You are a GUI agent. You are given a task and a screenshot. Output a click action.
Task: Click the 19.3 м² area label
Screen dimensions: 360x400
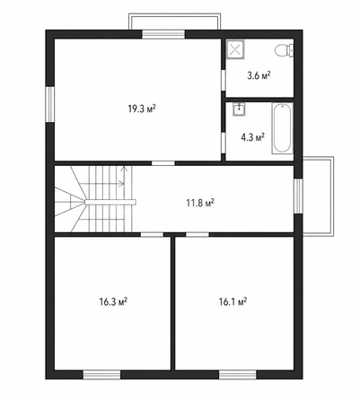tap(142, 109)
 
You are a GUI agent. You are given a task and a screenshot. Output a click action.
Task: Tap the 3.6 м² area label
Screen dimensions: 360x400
tap(259, 75)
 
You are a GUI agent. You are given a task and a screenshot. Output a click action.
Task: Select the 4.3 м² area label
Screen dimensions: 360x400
tap(253, 137)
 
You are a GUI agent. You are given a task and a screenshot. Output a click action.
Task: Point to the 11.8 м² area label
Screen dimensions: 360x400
tap(200, 204)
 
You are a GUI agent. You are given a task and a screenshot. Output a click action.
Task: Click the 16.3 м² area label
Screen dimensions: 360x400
tap(113, 301)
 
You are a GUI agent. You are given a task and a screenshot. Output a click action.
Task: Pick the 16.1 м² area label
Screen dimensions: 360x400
tap(233, 301)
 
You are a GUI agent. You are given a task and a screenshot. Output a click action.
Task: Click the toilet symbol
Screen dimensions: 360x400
tap(284, 50)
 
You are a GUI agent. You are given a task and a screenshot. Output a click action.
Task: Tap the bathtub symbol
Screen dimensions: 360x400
tap(282, 128)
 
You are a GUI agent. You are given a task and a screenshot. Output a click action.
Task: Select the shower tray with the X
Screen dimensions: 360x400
tap(235, 48)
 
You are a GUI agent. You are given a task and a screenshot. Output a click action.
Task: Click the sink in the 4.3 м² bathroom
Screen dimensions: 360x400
tap(239, 109)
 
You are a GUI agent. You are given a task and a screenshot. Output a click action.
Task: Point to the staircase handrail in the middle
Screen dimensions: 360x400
tap(110, 203)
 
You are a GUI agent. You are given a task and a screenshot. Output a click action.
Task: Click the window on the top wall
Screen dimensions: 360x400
tap(163, 34)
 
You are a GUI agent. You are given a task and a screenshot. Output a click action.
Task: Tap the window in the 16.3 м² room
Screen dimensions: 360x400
tap(101, 375)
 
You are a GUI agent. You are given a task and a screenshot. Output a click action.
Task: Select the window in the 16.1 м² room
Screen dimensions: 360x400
tap(238, 375)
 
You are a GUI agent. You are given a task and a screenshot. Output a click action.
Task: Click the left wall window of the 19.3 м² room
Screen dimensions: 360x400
tap(50, 104)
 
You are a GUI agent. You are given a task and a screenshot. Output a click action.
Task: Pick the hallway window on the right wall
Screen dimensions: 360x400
tap(298, 196)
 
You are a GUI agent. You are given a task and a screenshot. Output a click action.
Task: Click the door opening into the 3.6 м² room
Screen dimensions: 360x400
tap(224, 80)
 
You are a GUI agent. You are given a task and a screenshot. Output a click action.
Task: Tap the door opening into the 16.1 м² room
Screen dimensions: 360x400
tap(198, 234)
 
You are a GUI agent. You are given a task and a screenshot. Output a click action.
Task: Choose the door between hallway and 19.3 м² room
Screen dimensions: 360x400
tap(163, 163)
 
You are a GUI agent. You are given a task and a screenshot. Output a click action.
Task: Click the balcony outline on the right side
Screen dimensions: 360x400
tap(332, 196)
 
